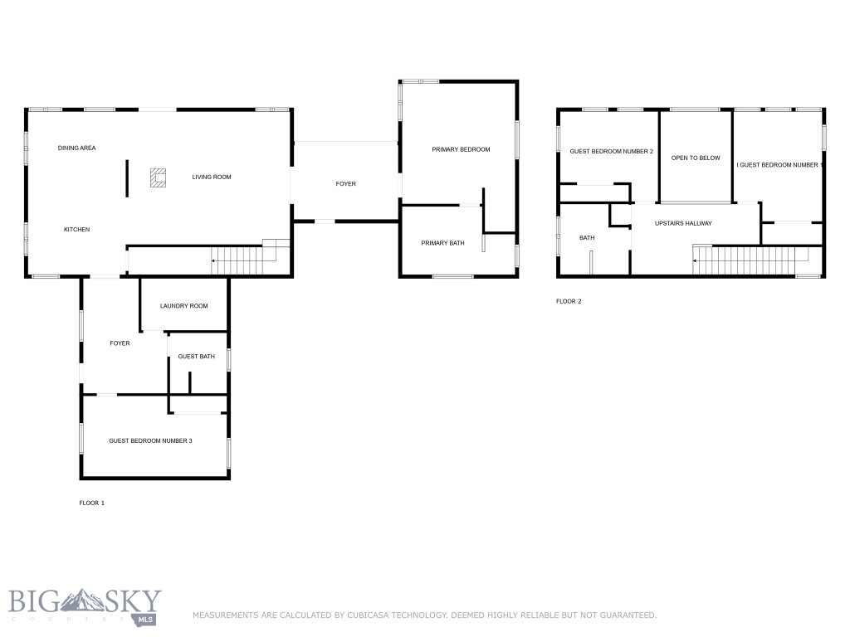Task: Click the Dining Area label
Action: (x=76, y=148)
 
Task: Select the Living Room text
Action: (x=212, y=177)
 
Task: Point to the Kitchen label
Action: (x=76, y=230)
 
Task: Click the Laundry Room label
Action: (x=183, y=306)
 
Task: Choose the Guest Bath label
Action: (x=197, y=357)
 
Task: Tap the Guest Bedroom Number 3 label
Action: (x=150, y=440)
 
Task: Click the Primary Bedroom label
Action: (x=461, y=150)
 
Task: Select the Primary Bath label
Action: (x=442, y=243)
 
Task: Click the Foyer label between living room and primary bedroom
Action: (x=345, y=184)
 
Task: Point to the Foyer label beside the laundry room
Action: (x=120, y=343)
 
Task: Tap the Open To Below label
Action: (x=696, y=158)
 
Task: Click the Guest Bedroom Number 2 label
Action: (x=611, y=152)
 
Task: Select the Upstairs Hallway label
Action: (x=683, y=223)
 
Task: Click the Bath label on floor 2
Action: (x=587, y=238)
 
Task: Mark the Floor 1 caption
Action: (x=91, y=503)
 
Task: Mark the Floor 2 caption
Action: (x=569, y=301)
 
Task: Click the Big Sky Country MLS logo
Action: (x=85, y=606)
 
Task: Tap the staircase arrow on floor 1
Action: (x=215, y=261)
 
